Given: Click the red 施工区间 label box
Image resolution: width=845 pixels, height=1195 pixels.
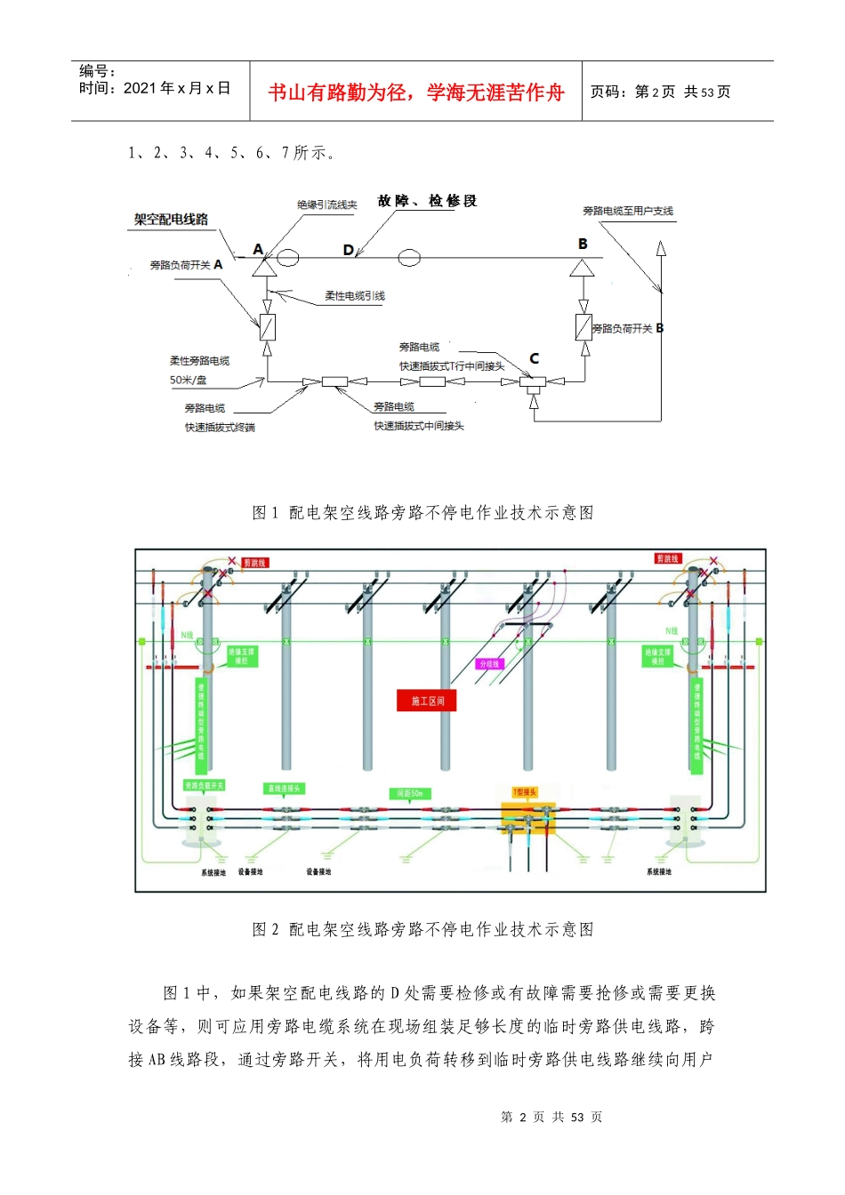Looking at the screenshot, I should [x=427, y=702].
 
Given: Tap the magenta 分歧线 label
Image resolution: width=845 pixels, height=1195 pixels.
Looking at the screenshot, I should [x=490, y=664].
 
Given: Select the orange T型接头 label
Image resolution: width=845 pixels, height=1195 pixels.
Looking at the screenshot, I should [x=525, y=791].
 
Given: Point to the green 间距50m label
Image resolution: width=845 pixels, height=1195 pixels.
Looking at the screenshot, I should [x=410, y=793].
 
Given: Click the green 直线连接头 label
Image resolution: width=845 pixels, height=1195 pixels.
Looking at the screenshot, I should [x=285, y=789].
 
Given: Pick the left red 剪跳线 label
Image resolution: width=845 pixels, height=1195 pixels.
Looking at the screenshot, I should [x=254, y=563].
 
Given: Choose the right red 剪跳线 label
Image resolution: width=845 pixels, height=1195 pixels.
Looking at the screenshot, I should [x=667, y=558].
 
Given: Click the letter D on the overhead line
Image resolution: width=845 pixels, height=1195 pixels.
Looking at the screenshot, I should [x=348, y=251].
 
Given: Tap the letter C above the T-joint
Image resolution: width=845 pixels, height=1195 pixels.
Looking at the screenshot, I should [x=534, y=358].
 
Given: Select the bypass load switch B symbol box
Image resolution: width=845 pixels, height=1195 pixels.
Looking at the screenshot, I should [x=583, y=327].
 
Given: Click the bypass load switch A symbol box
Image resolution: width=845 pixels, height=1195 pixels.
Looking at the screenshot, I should [x=267, y=327].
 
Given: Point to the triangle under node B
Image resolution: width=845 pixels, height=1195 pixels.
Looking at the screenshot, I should [x=582, y=268].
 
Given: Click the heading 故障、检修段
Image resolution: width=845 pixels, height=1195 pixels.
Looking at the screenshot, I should [x=427, y=201].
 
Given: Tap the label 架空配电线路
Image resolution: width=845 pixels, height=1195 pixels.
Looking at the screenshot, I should [x=171, y=220].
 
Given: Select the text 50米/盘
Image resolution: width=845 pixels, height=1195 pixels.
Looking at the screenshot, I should [x=189, y=380].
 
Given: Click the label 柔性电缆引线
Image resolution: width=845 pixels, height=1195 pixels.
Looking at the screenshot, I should [x=354, y=296].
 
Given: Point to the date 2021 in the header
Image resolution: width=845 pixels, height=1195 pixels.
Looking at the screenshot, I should [x=140, y=88].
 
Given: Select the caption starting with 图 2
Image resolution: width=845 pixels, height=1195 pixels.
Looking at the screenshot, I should [x=422, y=929].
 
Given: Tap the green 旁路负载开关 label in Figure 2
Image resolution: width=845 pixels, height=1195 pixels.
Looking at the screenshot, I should [x=205, y=785].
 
